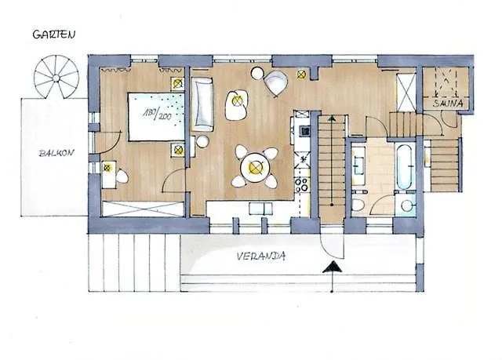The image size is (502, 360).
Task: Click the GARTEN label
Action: [54, 35]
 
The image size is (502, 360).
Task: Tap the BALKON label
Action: [56, 153]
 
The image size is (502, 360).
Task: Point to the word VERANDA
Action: [261, 256]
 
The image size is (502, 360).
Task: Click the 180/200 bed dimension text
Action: [157, 115]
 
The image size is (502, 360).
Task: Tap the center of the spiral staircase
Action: [56, 78]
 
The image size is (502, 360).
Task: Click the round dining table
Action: [255, 167]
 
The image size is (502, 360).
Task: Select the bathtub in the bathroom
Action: [404, 166]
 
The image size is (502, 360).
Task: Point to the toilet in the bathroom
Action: [358, 204]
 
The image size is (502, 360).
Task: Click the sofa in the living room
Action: [202, 104]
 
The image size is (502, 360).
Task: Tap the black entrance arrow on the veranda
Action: [332, 267]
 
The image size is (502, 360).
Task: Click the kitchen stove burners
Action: [301, 185]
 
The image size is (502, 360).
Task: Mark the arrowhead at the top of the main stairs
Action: [332, 118]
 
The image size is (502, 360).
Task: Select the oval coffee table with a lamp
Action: [236, 105]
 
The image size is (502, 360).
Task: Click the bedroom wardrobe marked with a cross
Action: [143, 209]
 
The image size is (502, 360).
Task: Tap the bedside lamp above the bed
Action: [178, 84]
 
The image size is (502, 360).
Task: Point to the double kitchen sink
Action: [261, 209]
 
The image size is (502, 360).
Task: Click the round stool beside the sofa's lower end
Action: [202, 141]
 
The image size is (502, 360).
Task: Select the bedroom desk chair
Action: [122, 176]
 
